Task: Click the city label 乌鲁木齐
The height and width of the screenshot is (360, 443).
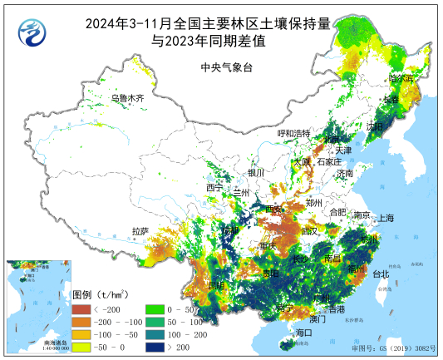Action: point(128,98)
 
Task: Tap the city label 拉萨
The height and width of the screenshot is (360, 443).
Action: point(140,230)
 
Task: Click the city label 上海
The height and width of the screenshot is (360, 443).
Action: point(386,218)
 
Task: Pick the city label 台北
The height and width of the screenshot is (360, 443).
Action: point(380,274)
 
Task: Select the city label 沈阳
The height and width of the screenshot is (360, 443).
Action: point(375,126)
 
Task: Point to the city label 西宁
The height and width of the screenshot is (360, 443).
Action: point(214,188)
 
